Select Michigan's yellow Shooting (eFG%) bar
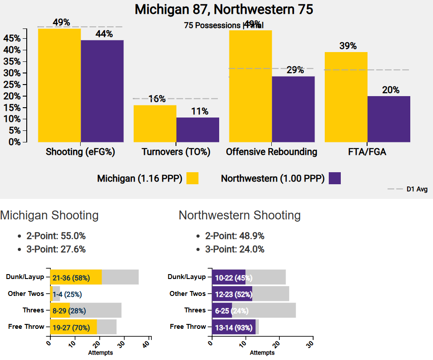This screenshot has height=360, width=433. point(59,85)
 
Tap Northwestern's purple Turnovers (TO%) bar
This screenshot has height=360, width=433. point(198,129)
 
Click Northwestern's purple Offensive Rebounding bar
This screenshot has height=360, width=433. point(293,109)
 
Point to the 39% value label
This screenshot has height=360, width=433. point(347,46)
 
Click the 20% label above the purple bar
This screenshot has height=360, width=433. point(390,90)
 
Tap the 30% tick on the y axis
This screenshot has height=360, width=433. point(12,73)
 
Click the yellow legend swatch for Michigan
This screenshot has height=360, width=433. point(192,178)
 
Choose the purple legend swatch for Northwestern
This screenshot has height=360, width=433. point(335,178)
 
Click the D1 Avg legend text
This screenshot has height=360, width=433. point(417,190)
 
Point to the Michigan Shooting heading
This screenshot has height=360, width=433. point(49,215)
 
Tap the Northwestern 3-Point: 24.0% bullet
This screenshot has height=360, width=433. point(234,249)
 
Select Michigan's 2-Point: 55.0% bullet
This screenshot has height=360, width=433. point(56,236)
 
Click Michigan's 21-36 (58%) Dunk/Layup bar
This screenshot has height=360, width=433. point(76,277)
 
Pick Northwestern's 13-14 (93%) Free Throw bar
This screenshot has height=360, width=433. point(233,327)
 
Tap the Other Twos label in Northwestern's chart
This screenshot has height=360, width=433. point(188,294)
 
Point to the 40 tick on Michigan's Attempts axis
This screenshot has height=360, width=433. point(150,343)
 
